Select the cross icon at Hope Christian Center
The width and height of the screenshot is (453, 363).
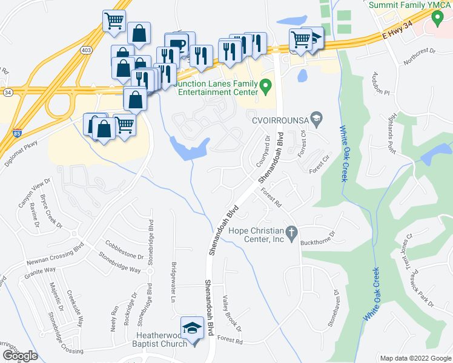tap(291, 231)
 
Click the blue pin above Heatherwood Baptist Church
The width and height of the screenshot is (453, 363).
tap(193, 330)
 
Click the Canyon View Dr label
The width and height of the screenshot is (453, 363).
tap(33, 189)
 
